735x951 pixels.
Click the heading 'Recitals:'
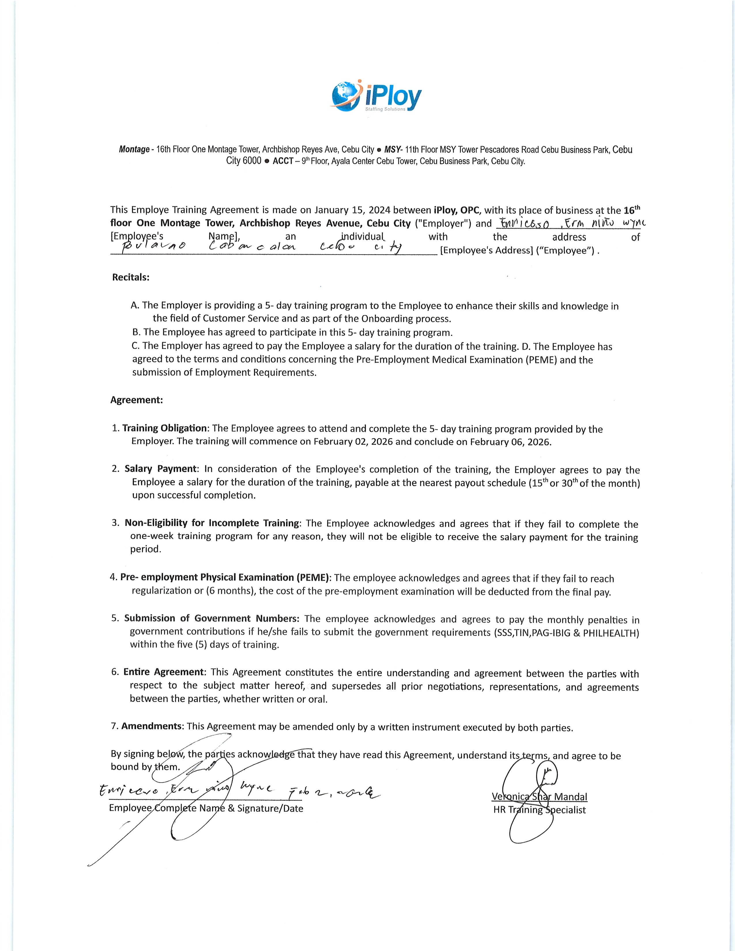pos(131,277)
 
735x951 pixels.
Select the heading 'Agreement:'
pos(136,400)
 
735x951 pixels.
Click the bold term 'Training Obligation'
pos(164,428)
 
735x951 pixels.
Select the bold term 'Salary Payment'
pos(161,469)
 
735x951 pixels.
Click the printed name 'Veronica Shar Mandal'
pos(539,797)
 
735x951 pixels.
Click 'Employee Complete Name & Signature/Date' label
pos(206,809)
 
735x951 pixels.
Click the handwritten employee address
pos(261,247)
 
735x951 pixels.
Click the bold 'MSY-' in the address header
pos(394,150)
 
